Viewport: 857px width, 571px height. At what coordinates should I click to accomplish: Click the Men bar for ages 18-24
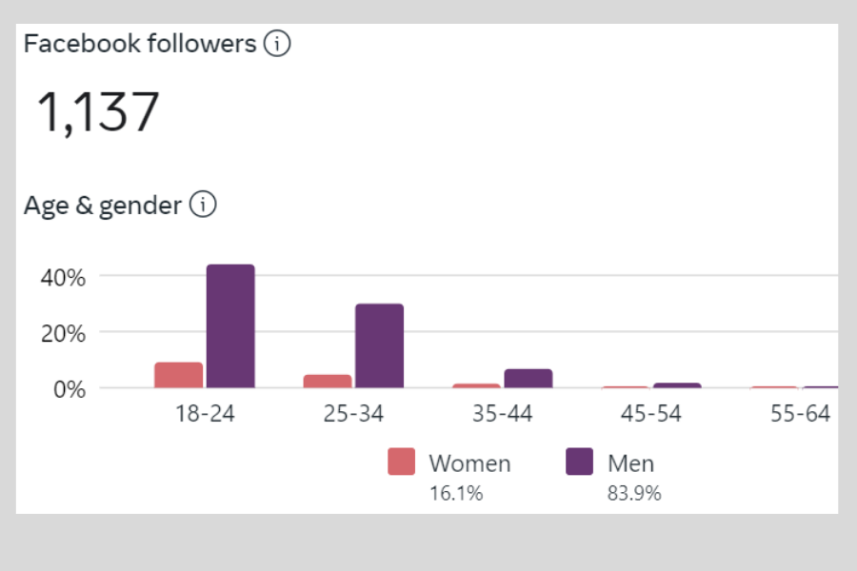pyautogui.click(x=230, y=326)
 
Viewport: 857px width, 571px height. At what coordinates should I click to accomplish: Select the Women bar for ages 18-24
pyautogui.click(x=179, y=375)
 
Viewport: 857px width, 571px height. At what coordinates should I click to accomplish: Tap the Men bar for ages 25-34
pyautogui.click(x=379, y=345)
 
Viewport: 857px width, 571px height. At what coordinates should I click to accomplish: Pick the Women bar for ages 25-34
pyautogui.click(x=328, y=381)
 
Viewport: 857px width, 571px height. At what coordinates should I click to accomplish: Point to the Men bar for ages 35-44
pyautogui.click(x=528, y=379)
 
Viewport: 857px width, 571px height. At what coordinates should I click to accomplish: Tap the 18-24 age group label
pyautogui.click(x=205, y=415)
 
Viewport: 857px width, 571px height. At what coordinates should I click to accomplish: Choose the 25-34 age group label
pyautogui.click(x=353, y=415)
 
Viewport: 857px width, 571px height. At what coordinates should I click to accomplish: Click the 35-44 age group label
pyautogui.click(x=503, y=415)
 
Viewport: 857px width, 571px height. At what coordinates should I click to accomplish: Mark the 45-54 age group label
pyautogui.click(x=651, y=415)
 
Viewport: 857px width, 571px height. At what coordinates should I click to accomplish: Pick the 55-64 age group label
pyautogui.click(x=800, y=415)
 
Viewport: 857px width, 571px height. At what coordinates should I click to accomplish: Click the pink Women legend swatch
pyautogui.click(x=402, y=463)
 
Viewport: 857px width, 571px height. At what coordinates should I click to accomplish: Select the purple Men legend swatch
pyautogui.click(x=579, y=463)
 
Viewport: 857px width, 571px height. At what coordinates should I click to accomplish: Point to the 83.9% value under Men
pyautogui.click(x=633, y=493)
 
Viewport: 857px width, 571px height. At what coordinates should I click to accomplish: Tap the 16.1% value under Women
pyautogui.click(x=456, y=493)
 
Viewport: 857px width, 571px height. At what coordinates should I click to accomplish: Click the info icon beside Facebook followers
pyautogui.click(x=276, y=44)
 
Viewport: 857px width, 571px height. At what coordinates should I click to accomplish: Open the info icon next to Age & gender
pyautogui.click(x=203, y=205)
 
